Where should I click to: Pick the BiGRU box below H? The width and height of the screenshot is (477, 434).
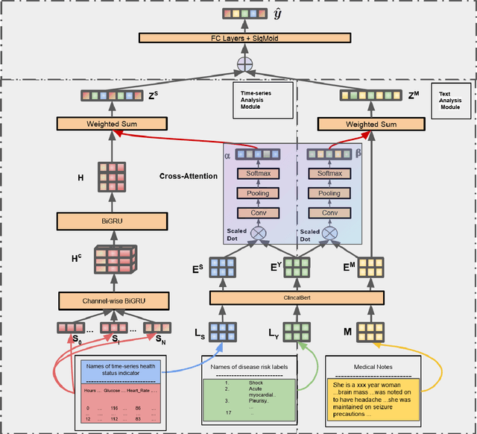[110, 221]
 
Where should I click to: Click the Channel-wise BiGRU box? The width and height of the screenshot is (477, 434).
[110, 301]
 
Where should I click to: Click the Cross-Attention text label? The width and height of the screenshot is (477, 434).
[188, 177]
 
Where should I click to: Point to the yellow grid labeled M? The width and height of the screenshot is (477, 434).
[370, 332]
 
